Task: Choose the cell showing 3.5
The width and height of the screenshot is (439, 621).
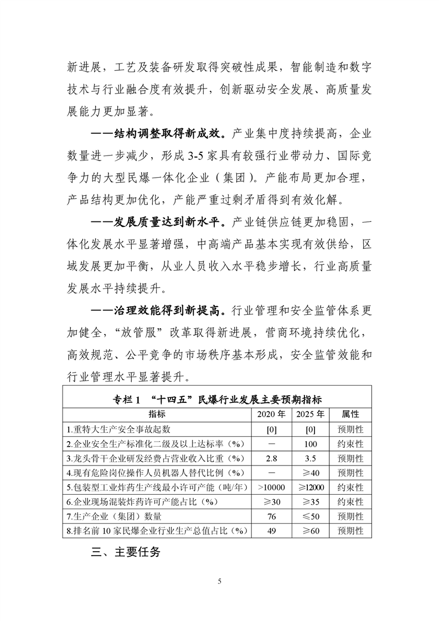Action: tap(310, 458)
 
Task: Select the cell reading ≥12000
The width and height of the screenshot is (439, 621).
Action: tap(310, 487)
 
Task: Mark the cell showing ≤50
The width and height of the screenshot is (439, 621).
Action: tap(310, 516)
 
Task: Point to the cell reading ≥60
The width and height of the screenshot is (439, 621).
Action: tap(310, 531)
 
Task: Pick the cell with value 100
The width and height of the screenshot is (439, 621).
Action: tap(310, 444)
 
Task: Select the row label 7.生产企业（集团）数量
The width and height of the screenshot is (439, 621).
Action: tap(114, 516)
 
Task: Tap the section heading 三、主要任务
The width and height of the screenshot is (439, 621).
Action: tap(125, 551)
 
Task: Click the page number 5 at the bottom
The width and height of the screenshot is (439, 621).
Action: tap(220, 581)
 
